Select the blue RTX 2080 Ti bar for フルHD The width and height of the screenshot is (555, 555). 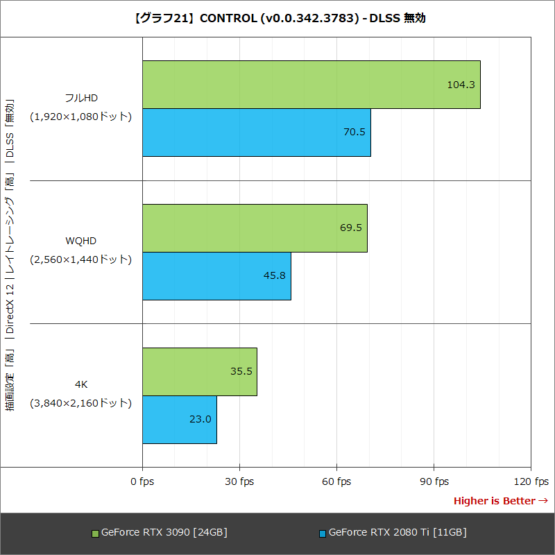[256, 133]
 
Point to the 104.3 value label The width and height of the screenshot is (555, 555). [461, 85]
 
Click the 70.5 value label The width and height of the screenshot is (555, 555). [354, 132]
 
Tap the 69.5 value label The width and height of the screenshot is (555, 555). [350, 228]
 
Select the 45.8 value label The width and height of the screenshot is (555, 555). [274, 275]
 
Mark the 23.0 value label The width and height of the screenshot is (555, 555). [200, 419]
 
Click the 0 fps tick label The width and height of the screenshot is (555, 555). [142, 481]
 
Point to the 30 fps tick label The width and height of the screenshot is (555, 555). [239, 481]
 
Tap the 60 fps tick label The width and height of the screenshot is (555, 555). [336, 481]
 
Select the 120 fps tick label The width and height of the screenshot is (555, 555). [531, 481]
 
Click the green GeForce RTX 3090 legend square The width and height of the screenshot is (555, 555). [95, 533]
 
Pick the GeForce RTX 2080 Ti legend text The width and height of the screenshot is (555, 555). [397, 533]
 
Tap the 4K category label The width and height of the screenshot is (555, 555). [80, 384]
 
